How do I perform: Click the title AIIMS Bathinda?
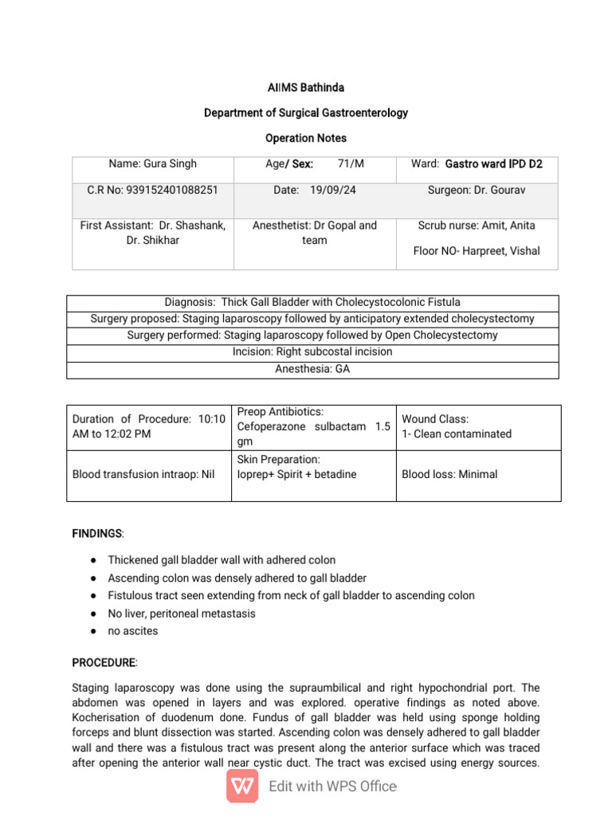pyautogui.click(x=305, y=88)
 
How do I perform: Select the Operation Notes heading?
pyautogui.click(x=305, y=138)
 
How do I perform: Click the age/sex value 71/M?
pyautogui.click(x=350, y=164)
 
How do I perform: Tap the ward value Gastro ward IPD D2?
pyautogui.click(x=493, y=164)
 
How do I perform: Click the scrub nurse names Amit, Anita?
pyautogui.click(x=477, y=226)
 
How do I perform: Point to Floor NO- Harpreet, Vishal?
pyautogui.click(x=477, y=251)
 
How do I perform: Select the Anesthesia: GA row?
pyautogui.click(x=312, y=370)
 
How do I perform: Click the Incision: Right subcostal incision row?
pyautogui.click(x=312, y=352)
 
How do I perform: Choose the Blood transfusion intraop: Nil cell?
pyautogui.click(x=143, y=474)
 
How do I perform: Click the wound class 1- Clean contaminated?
pyautogui.click(x=457, y=434)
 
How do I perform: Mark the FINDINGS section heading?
pyautogui.click(x=98, y=533)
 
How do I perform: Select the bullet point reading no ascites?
pyautogui.click(x=133, y=631)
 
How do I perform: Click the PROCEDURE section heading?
pyautogui.click(x=104, y=663)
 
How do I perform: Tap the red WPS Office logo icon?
pyautogui.click(x=242, y=787)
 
